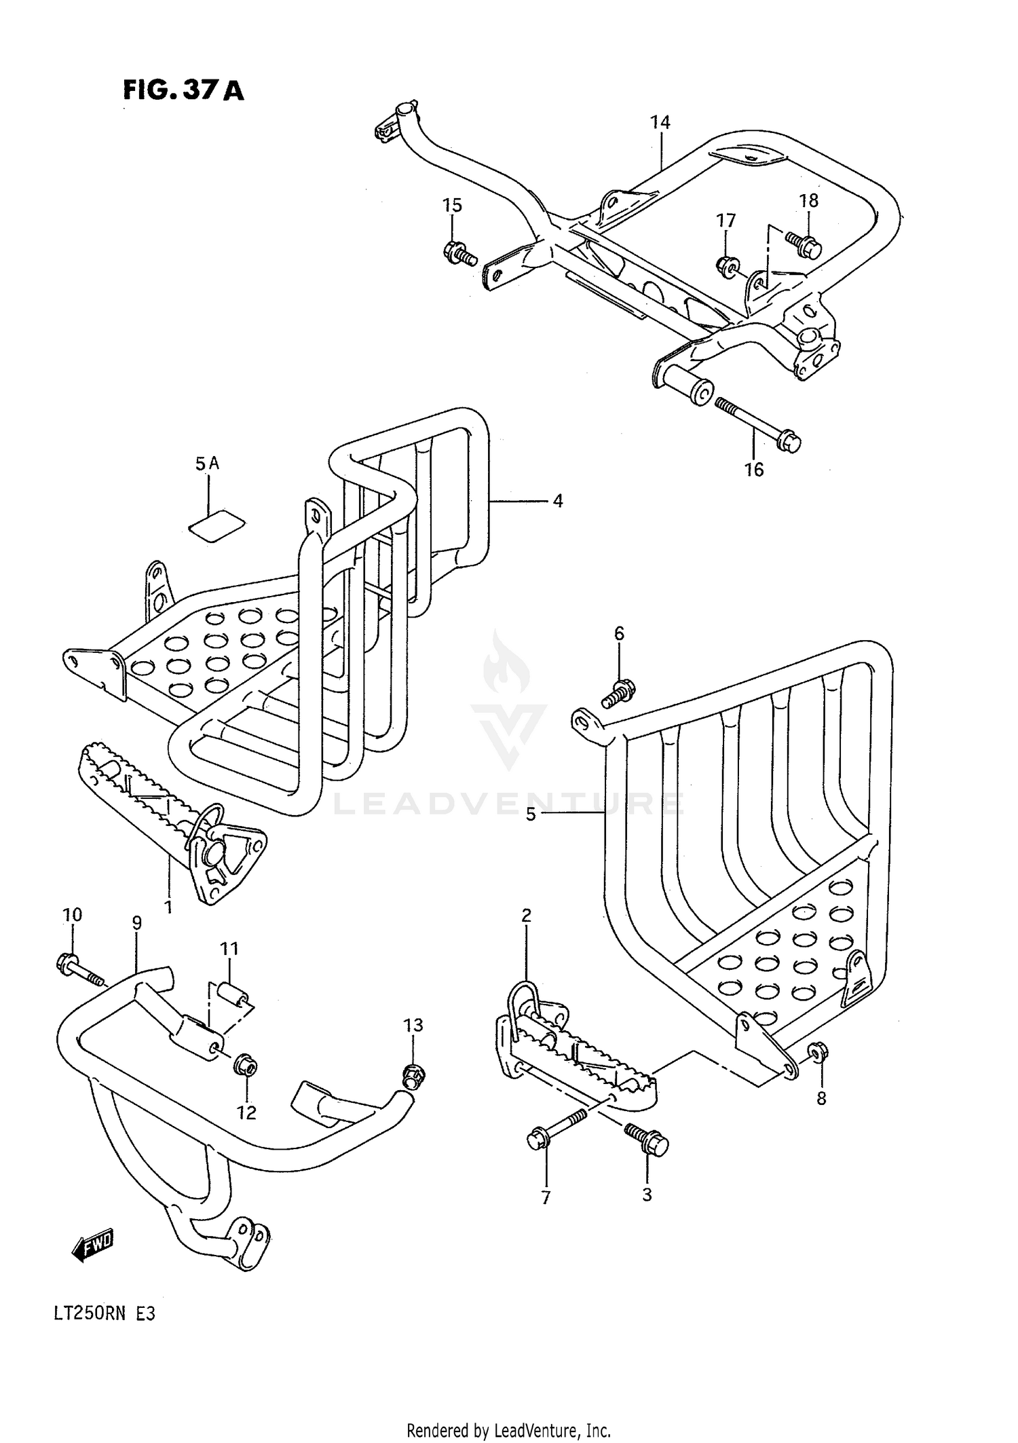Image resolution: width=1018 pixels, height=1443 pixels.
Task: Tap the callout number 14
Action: pos(660,122)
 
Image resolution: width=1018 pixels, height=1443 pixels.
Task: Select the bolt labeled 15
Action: pos(459,253)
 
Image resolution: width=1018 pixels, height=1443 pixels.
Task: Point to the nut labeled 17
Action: pos(727,265)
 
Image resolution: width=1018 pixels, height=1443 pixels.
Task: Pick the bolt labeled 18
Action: pos(805,244)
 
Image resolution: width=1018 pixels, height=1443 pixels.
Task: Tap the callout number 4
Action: pos(557,501)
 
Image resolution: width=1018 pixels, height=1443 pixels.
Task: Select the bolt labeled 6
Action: pos(618,692)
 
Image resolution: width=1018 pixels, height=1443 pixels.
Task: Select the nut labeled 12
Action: pos(245,1067)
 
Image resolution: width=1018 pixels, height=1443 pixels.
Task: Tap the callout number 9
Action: pos(137,922)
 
